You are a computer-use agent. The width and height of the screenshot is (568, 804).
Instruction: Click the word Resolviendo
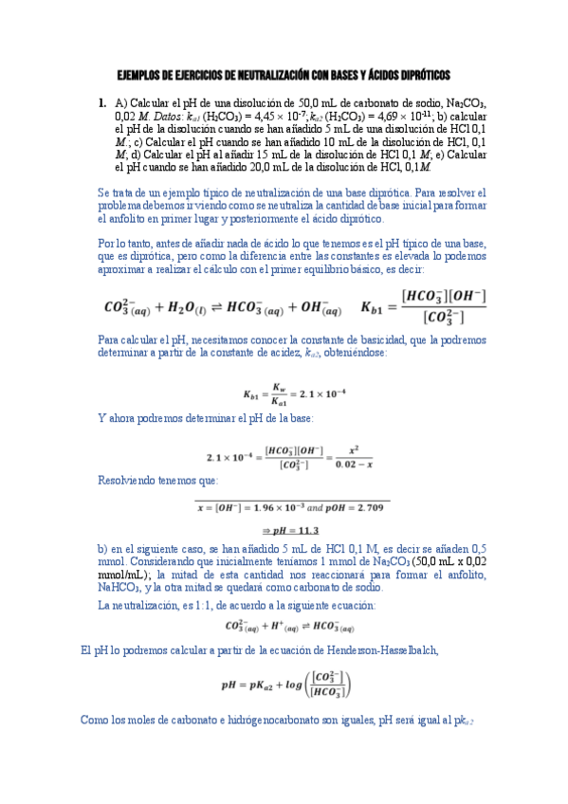[x=129, y=481]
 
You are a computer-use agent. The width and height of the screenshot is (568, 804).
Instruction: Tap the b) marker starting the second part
[x=103, y=548]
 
